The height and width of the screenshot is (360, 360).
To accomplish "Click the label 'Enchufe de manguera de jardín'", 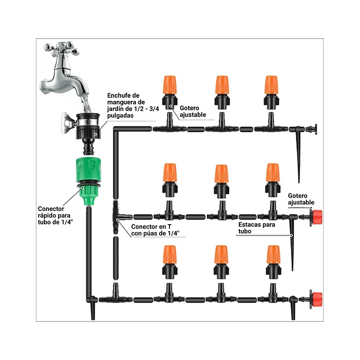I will click(123, 105).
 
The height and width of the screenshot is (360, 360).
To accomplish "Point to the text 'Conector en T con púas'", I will click(155, 230).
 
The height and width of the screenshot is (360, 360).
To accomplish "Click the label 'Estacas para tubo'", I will click(257, 228).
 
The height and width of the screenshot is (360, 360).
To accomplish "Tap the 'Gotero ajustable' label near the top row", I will click(193, 111).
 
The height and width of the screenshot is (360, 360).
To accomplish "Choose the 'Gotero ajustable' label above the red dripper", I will click(301, 199).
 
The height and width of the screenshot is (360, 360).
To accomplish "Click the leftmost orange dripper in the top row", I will click(169, 85).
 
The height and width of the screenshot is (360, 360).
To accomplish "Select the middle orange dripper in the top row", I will click(221, 85).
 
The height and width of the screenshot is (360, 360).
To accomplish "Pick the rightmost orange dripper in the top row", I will click(271, 85).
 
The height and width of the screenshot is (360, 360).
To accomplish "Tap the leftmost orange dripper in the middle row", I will click(169, 174).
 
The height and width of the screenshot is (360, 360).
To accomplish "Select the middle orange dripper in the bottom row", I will click(221, 256).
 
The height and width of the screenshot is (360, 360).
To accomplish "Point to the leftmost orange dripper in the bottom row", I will click(169, 256).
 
